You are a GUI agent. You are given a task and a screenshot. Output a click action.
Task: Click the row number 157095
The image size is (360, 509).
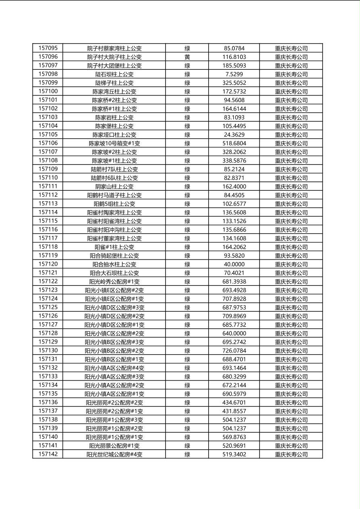[x=48, y=48]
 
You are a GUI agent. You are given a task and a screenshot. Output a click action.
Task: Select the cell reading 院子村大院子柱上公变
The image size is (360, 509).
[x=114, y=57]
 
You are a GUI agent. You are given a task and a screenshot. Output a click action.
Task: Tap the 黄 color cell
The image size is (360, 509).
[x=187, y=57]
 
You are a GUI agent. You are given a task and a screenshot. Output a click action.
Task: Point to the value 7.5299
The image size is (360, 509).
[x=234, y=74]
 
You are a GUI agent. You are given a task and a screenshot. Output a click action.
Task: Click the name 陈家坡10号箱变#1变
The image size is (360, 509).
[x=114, y=144]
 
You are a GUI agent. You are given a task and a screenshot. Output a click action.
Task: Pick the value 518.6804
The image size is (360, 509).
[x=234, y=144]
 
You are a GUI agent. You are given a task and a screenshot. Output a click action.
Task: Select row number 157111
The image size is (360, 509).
[x=48, y=186]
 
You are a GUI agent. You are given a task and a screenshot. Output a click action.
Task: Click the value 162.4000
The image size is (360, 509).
[x=234, y=187]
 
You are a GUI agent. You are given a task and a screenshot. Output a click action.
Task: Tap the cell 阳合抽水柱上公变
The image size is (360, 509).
[x=114, y=265]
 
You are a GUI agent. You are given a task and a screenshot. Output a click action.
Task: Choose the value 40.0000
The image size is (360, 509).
[x=234, y=265]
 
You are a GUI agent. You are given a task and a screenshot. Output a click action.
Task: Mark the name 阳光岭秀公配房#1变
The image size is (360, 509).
[x=114, y=282]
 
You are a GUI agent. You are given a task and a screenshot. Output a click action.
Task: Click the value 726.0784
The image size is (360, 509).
[x=234, y=351]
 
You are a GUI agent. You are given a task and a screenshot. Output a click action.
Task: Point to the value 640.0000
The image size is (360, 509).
[x=234, y=334]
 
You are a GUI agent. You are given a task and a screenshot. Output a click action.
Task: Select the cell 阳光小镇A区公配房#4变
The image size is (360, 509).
[x=114, y=368]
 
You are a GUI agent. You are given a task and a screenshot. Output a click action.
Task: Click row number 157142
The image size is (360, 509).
[x=48, y=454]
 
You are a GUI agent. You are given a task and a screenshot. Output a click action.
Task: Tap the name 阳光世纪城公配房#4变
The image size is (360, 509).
[x=114, y=455]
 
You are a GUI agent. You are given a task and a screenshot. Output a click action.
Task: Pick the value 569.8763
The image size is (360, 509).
[x=234, y=437]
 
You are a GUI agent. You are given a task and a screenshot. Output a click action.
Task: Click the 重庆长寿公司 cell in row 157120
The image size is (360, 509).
[x=291, y=265]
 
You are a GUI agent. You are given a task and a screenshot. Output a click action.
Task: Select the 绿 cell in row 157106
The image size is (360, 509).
[x=187, y=144]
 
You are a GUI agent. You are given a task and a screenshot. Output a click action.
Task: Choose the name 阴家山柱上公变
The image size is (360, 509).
[x=114, y=187]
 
